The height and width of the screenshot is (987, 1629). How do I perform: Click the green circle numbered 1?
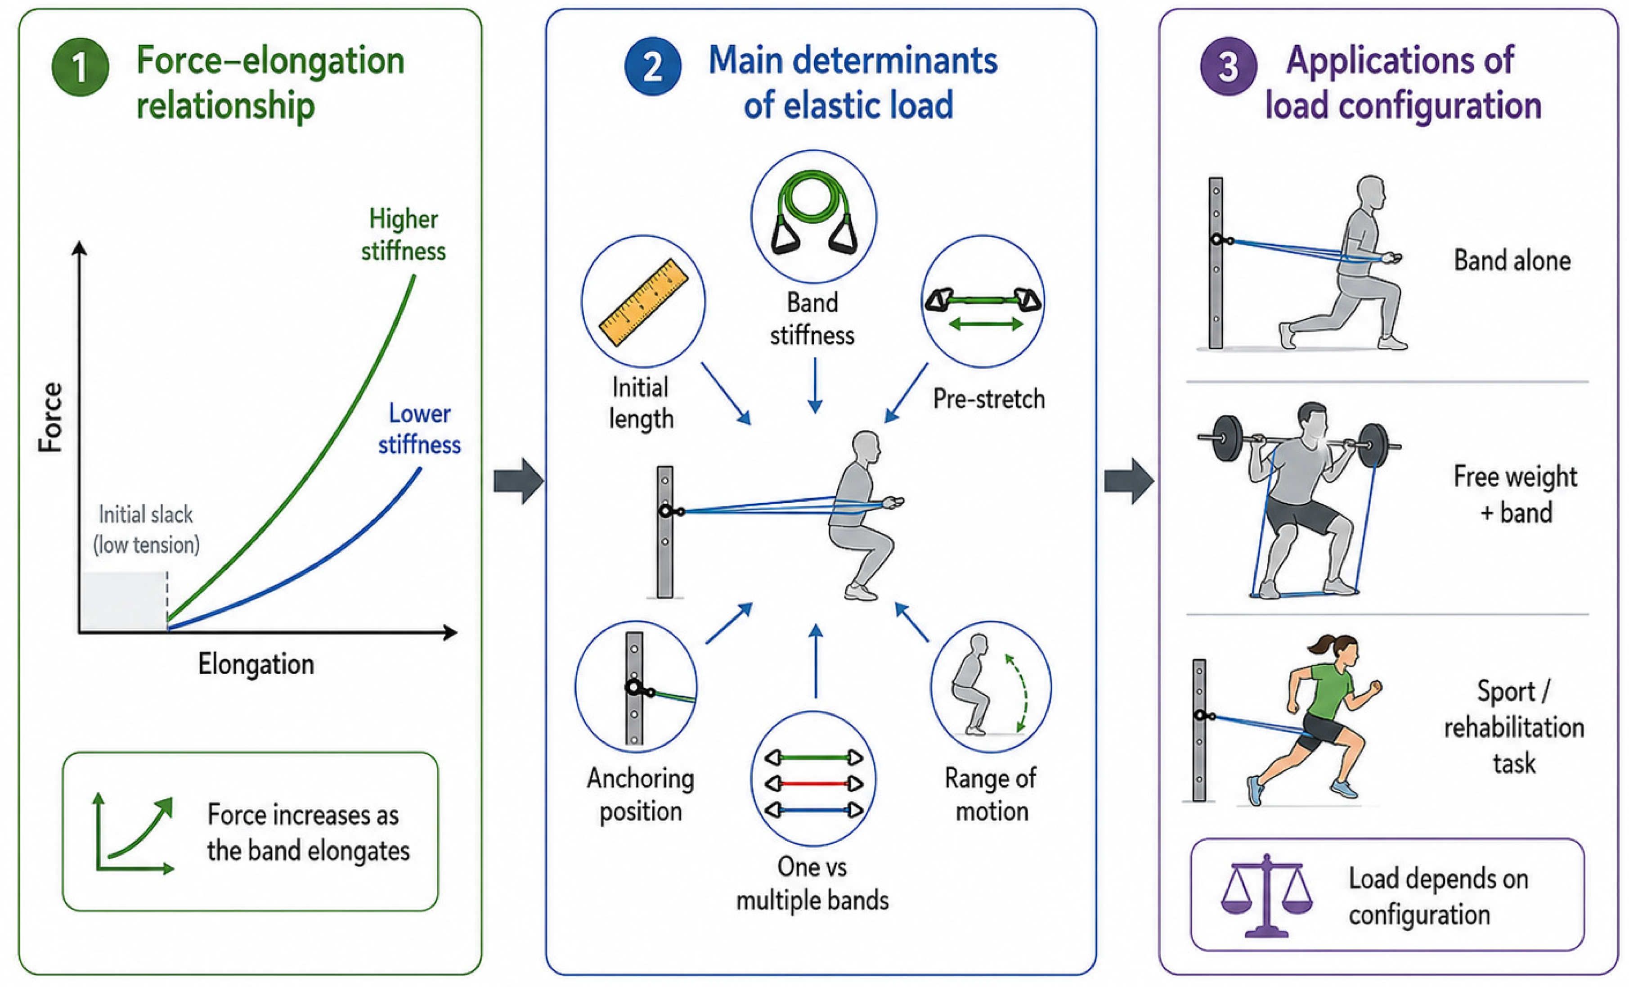pos(80,67)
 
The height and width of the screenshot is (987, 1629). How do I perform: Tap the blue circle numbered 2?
pos(652,66)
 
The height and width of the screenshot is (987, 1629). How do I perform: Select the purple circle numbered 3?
pos(1228,66)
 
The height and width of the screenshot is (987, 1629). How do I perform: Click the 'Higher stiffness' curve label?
pos(403,235)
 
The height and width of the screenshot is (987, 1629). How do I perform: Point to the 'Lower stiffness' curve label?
pos(419,428)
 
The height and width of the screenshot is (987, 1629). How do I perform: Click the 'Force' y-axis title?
pos(50,417)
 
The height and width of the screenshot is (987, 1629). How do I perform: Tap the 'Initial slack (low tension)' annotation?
pos(146,529)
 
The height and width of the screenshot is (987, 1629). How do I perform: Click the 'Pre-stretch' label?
pos(989,399)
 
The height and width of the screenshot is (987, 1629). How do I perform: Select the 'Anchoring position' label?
pos(641,794)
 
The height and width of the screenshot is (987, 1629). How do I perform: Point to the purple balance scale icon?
pos(1266,895)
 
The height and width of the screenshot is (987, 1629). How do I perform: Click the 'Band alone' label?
pos(1512,261)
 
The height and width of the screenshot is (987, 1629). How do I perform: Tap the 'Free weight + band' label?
pos(1515,494)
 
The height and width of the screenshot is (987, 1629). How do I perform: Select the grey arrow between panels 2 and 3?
pos(1129,481)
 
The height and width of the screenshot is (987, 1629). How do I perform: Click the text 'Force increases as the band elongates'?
pos(308,832)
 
